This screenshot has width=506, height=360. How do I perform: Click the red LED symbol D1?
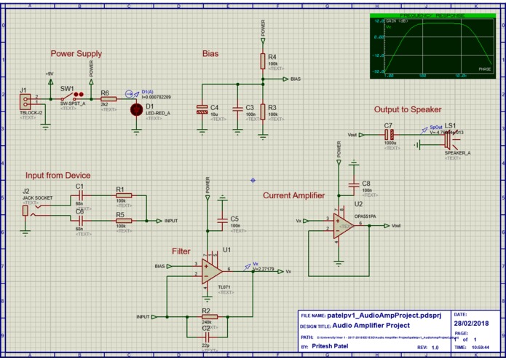(135, 109)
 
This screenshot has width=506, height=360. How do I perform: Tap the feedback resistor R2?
(206, 317)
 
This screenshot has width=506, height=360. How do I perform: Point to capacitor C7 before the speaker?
(390, 135)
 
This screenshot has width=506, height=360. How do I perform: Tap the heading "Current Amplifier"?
(293, 195)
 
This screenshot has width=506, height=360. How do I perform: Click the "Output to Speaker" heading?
(408, 109)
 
